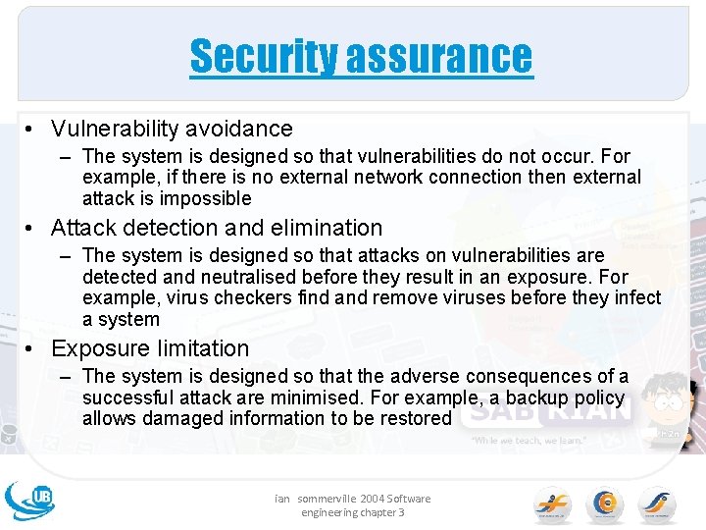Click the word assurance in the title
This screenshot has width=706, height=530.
pos(439,57)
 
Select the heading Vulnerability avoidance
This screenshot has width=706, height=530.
pos(172,129)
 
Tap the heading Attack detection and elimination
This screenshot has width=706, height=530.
pos(217,228)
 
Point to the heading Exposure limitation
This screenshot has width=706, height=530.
pos(150,348)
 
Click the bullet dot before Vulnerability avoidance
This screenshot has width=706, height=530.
pos(32,129)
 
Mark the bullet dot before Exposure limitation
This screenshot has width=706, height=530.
pos(32,348)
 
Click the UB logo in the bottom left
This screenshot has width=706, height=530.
pos(30,500)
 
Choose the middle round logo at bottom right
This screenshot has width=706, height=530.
pos(604,504)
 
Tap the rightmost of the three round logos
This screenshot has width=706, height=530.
pos(657,504)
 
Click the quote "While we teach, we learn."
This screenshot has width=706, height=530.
pos(529,441)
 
